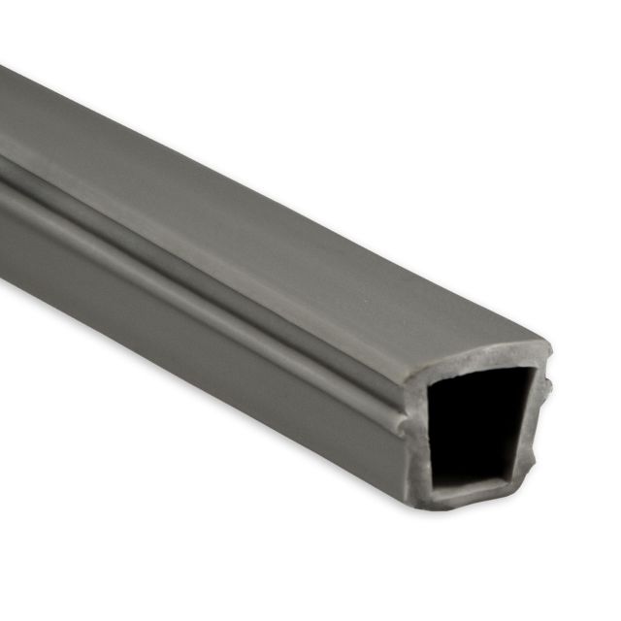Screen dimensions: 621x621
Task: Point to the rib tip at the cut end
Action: pos(399,425)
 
